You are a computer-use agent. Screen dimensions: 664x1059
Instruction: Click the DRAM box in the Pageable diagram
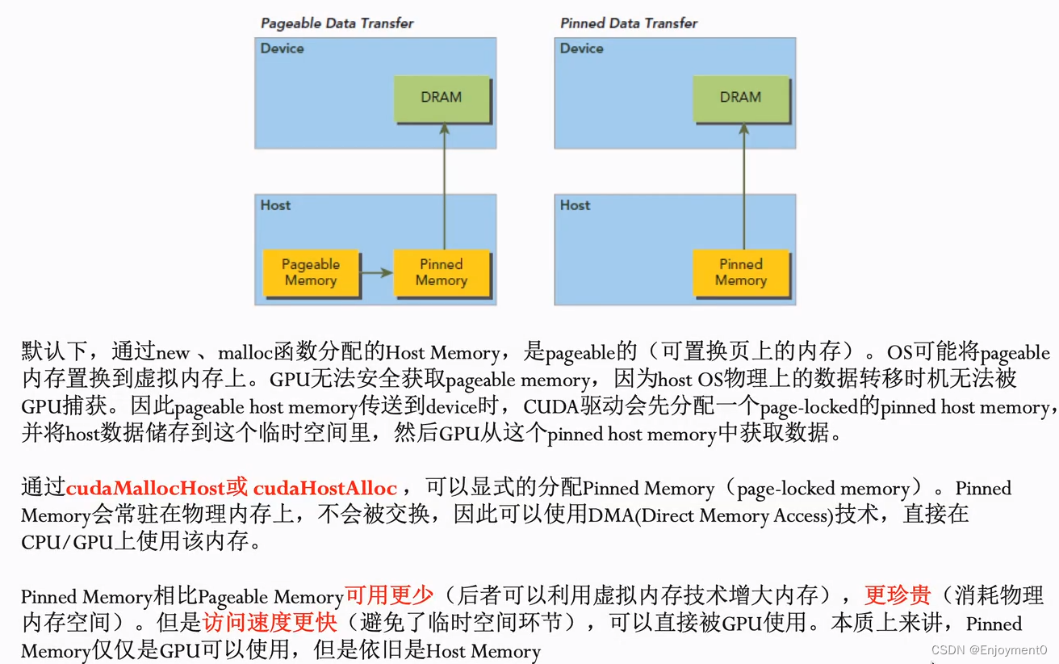point(442,98)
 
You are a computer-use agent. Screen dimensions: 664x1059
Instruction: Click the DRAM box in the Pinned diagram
point(740,98)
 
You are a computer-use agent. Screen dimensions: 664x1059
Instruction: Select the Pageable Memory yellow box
point(311,273)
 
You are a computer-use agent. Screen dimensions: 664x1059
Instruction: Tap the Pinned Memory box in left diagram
point(442,273)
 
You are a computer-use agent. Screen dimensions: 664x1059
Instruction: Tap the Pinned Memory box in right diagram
point(740,273)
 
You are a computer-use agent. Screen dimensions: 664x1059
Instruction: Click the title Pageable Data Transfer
point(337,23)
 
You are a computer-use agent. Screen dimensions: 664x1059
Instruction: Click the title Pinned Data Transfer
point(629,23)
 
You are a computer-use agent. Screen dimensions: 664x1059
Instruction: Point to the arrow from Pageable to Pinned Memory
point(376,273)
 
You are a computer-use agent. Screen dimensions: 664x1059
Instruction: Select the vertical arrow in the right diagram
point(743,190)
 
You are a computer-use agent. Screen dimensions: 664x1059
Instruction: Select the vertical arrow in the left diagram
point(444,190)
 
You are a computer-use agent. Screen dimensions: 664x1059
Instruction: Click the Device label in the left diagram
point(282,48)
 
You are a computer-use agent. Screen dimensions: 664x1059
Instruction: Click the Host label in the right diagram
point(575,205)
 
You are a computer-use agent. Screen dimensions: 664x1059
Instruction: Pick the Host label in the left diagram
point(275,205)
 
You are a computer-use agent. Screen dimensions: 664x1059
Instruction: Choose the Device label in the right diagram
point(581,48)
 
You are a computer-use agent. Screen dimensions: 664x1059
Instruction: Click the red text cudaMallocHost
point(145,489)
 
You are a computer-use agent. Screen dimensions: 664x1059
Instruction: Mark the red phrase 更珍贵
point(898,596)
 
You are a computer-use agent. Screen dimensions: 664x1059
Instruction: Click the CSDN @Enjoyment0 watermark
point(989,649)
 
